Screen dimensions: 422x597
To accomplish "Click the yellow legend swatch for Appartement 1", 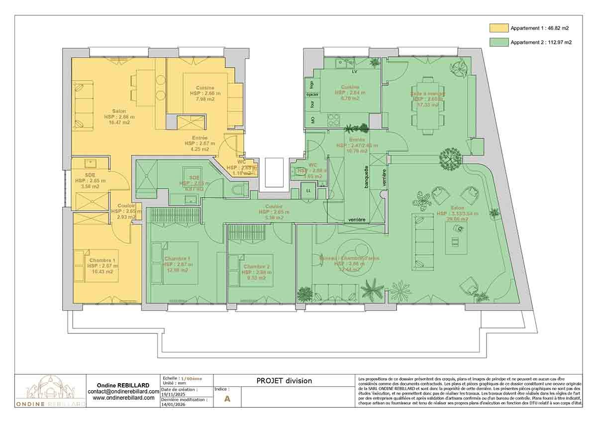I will [498, 28].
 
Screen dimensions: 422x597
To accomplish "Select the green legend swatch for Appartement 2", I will [498, 42].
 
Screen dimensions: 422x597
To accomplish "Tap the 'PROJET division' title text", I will [284, 381].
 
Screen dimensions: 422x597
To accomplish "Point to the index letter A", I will [227, 399].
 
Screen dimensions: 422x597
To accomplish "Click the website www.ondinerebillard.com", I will [123, 398].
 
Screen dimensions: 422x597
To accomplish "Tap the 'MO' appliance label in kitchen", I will [312, 120].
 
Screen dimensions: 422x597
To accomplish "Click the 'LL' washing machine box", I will [308, 191].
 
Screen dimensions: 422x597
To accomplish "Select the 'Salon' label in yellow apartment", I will [119, 111].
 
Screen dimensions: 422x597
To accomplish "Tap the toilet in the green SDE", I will [239, 190].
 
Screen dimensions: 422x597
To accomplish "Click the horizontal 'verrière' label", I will [357, 220].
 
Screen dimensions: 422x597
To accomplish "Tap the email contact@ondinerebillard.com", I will [123, 392].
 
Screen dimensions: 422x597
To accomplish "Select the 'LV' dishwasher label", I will [355, 72].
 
